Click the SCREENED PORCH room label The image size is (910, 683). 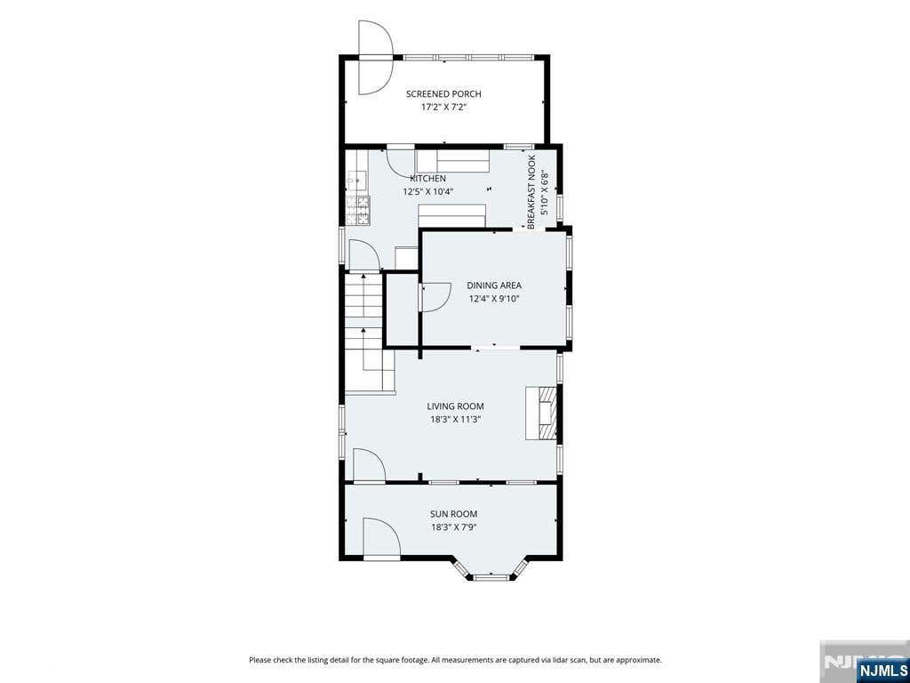[443, 94]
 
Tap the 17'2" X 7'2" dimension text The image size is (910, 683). [443, 107]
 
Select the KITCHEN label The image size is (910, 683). [427, 178]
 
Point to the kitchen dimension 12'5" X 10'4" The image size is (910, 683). [428, 191]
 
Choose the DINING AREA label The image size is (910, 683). [494, 285]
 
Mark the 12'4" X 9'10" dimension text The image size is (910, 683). [494, 299]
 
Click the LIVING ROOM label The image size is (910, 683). [455, 406]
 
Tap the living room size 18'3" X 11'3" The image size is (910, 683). [455, 420]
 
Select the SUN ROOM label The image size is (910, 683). [454, 514]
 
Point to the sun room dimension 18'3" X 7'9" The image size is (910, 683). [454, 527]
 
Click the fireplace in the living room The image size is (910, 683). [541, 413]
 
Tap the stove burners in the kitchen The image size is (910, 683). [358, 210]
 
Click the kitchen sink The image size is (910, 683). [357, 181]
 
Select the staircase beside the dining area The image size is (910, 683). [364, 333]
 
